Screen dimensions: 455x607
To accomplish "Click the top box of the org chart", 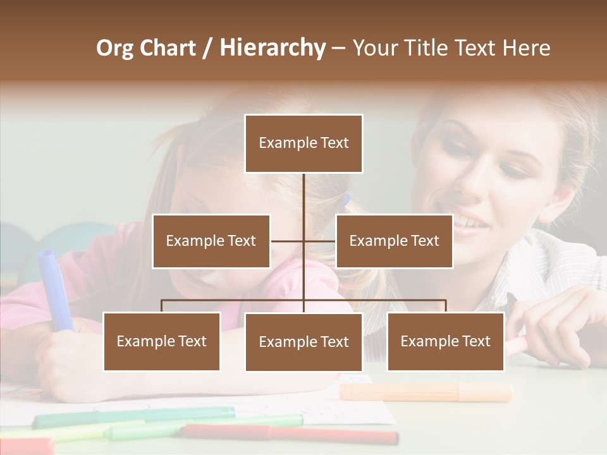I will tap(303, 143).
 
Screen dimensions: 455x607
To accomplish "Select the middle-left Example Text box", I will tap(211, 241).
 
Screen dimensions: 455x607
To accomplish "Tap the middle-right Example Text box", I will tap(394, 241).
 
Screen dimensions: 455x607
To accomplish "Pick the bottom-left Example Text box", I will tap(162, 341).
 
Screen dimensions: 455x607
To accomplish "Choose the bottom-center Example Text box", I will tap(303, 342).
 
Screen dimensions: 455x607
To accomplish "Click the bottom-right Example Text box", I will tap(445, 341).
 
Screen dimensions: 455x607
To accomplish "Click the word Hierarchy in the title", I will tap(273, 48).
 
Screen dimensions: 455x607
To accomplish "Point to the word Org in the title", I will tap(115, 48).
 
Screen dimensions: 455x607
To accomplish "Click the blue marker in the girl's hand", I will tap(53, 288).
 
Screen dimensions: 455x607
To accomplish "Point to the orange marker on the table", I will tap(426, 392).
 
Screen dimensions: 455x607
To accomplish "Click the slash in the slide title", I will tap(207, 48).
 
